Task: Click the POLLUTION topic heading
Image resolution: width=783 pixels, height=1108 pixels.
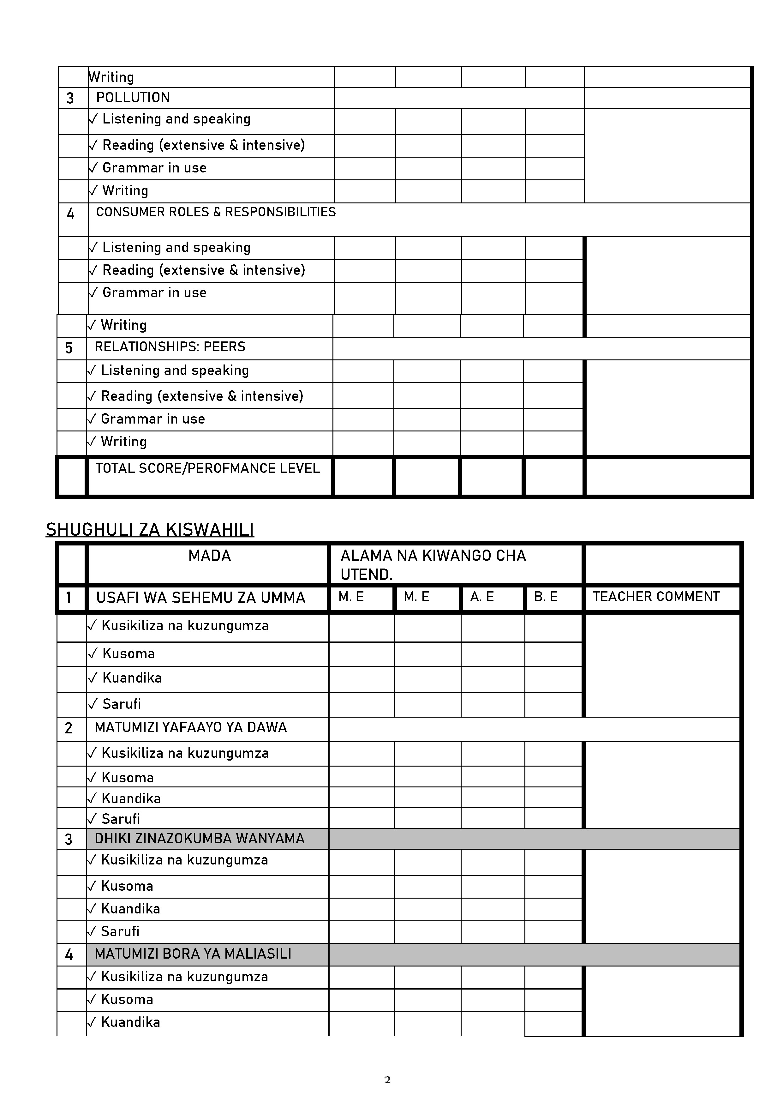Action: (133, 98)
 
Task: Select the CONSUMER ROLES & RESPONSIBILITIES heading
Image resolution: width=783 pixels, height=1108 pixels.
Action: (216, 212)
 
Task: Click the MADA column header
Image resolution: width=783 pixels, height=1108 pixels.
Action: (209, 556)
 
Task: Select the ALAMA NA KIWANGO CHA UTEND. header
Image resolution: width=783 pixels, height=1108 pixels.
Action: (433, 565)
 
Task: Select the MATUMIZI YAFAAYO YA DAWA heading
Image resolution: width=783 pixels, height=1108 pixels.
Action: (191, 727)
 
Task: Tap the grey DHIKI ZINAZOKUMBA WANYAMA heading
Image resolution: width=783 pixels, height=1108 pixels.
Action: (199, 838)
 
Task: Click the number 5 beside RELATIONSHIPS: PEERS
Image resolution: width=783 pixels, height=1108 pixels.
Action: (69, 348)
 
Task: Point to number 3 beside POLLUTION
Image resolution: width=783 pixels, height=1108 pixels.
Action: (70, 99)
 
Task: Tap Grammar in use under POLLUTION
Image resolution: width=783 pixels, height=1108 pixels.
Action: (154, 168)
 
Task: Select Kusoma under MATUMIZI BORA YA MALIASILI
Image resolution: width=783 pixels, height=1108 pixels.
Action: (127, 999)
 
